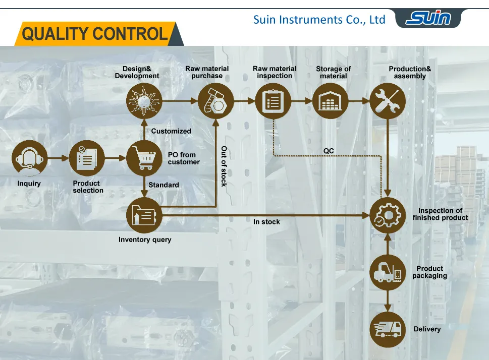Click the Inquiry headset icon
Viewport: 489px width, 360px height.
tap(29, 158)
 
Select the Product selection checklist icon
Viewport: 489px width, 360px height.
tap(86, 158)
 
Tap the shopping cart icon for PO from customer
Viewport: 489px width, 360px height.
tap(144, 158)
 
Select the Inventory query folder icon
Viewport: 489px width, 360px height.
tap(144, 215)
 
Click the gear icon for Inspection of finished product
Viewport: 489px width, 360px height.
tap(388, 215)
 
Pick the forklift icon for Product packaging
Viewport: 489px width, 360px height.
tap(388, 273)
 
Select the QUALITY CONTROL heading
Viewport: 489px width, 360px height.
tap(95, 34)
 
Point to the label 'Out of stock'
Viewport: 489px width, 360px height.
tap(224, 166)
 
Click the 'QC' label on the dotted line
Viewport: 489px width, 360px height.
tap(329, 151)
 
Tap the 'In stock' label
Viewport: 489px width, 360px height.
tap(266, 222)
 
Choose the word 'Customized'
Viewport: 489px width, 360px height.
tap(171, 131)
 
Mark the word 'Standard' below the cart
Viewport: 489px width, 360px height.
tap(164, 185)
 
